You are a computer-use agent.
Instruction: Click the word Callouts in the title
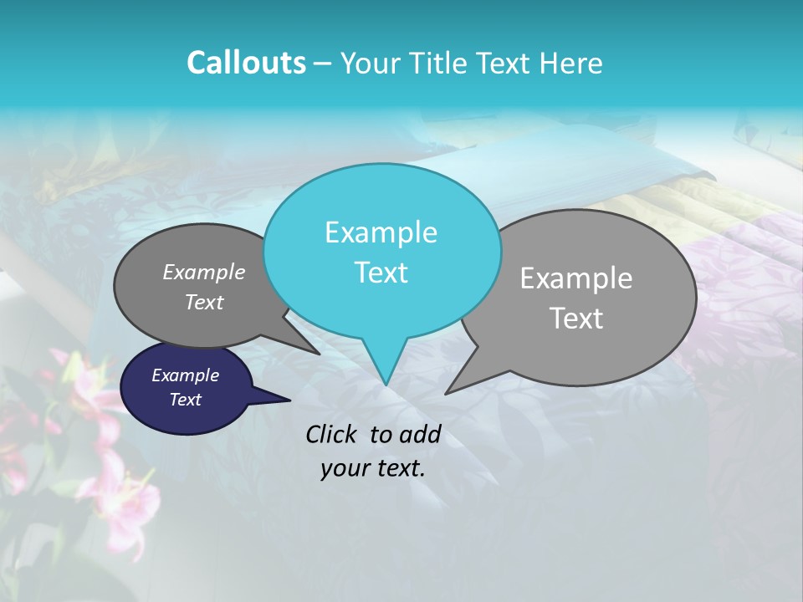(246, 63)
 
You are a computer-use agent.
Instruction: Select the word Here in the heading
(573, 63)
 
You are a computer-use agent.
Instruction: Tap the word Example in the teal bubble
(381, 232)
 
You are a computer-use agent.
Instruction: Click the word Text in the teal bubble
(381, 273)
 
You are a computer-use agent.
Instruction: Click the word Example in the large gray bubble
(576, 278)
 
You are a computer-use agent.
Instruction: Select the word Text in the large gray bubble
(576, 319)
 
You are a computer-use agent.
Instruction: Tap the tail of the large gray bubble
(452, 389)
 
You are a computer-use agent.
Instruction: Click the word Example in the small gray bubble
(204, 273)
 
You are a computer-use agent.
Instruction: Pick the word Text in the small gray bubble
(204, 303)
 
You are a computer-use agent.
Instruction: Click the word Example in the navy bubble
(185, 375)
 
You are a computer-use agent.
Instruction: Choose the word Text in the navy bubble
(185, 400)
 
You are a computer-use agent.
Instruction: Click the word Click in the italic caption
(333, 434)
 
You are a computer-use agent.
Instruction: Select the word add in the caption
(420, 434)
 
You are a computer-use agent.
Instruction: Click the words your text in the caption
(373, 468)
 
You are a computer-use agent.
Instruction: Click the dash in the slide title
(324, 64)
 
